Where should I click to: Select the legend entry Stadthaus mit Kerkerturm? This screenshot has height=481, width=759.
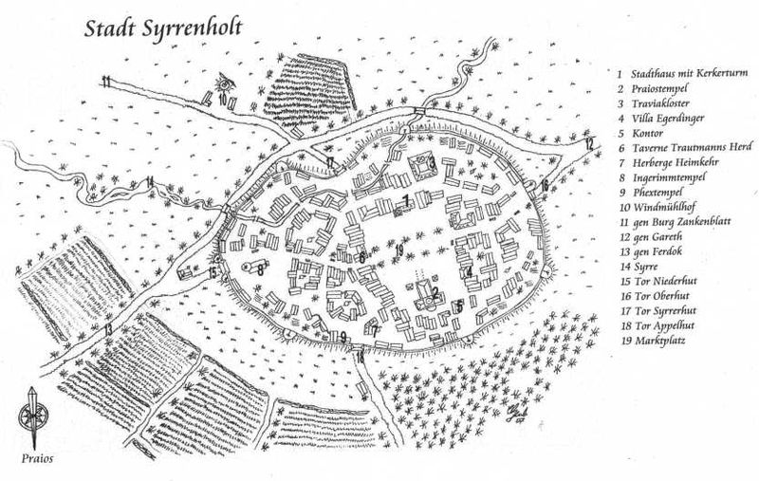pos(681,72)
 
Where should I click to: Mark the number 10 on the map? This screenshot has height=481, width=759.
pos(222,97)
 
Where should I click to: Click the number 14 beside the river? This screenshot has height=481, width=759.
pos(149,181)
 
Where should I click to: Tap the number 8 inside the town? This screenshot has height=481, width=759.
pos(259,268)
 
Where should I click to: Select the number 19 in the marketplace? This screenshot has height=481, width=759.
pos(400,250)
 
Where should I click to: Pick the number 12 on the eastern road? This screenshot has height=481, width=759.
pos(589,144)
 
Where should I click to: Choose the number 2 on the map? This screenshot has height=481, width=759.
pos(434,291)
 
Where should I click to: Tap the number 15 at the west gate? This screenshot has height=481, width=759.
pos(213,273)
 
